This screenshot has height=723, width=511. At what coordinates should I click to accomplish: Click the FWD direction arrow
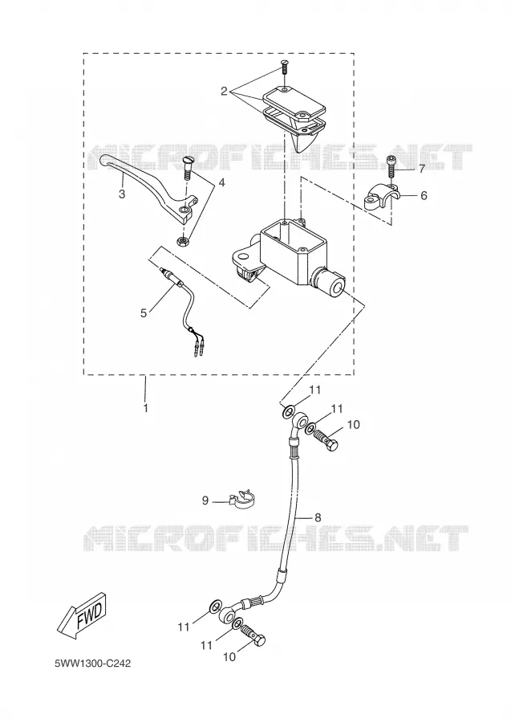(x=82, y=616)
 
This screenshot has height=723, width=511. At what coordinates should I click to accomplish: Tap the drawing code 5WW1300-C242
(x=92, y=664)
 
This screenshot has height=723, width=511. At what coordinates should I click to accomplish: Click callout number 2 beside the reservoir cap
(x=224, y=92)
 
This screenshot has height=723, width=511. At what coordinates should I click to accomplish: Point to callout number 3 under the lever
(x=122, y=194)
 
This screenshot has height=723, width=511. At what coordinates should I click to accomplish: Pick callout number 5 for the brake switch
(x=144, y=313)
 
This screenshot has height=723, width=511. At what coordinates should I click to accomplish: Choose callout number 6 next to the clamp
(x=424, y=195)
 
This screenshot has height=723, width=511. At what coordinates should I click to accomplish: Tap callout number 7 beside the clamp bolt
(x=422, y=169)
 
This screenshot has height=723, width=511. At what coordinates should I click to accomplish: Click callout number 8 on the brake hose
(x=318, y=517)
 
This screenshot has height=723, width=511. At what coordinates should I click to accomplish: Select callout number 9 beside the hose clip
(x=205, y=500)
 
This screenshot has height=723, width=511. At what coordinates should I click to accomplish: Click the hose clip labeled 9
(x=242, y=498)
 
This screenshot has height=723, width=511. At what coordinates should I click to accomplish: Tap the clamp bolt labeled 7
(x=391, y=166)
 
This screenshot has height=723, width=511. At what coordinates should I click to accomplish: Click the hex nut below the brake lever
(x=184, y=241)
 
